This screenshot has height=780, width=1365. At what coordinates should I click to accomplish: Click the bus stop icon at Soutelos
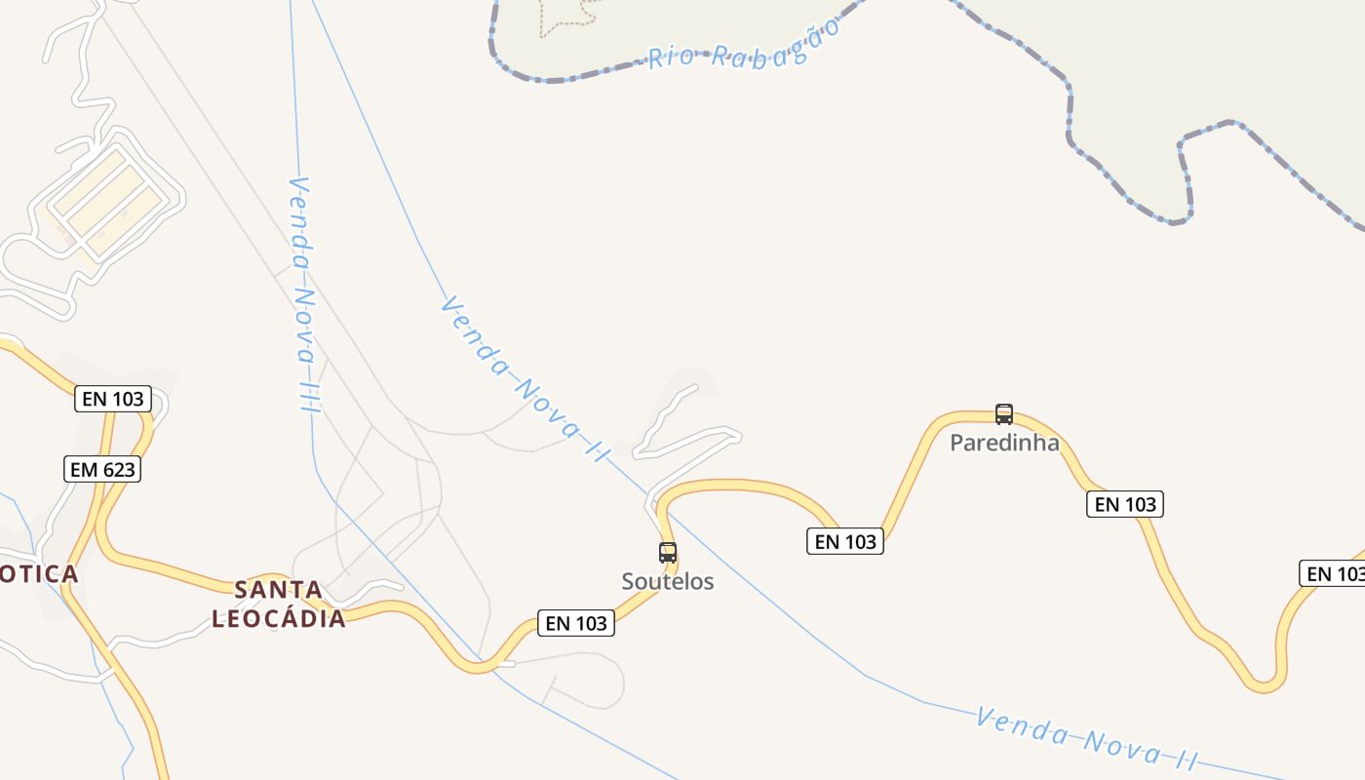(x=668, y=553)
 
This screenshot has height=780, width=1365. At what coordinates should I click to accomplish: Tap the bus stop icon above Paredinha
(x=1004, y=414)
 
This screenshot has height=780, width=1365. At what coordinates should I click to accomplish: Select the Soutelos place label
(x=668, y=582)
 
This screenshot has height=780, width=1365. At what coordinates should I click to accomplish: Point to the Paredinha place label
(x=1004, y=443)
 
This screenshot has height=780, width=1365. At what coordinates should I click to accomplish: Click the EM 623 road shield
(x=102, y=470)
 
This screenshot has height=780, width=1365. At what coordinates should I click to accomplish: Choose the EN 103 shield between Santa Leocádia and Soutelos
(x=576, y=623)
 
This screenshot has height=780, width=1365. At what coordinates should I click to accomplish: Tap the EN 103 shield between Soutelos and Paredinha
(x=845, y=541)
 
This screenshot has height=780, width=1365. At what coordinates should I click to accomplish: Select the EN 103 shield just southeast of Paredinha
(x=1125, y=504)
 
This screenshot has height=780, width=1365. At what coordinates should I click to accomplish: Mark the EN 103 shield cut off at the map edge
(x=1334, y=573)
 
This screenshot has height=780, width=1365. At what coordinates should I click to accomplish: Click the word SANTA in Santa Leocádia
(x=279, y=590)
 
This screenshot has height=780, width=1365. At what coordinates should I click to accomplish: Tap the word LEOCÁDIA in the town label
(x=279, y=618)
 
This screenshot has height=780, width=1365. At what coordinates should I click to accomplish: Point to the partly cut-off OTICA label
(x=39, y=573)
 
